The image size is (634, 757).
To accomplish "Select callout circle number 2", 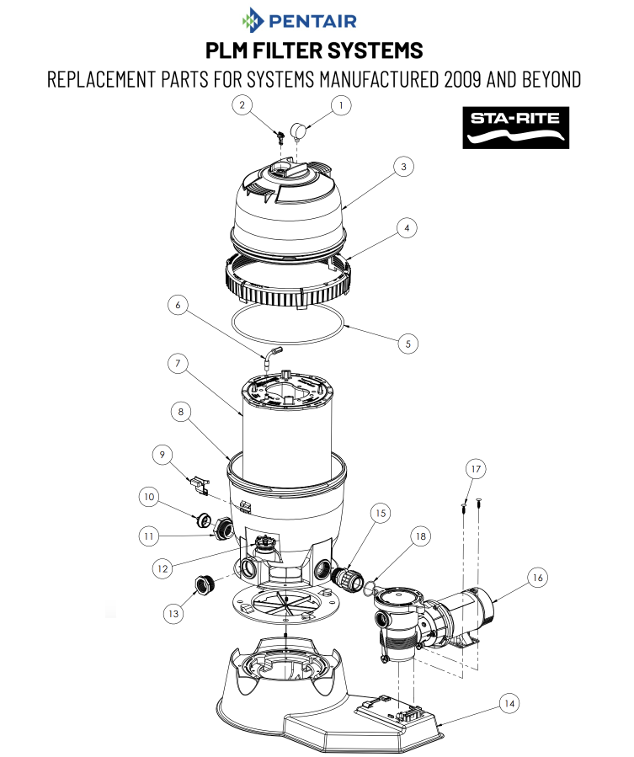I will (x=242, y=105).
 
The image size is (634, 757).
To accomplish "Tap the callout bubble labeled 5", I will (x=408, y=343).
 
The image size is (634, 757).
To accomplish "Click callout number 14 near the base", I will (x=509, y=701).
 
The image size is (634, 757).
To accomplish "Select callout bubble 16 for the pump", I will (x=538, y=577).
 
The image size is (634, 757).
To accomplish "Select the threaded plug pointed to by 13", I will (x=203, y=583).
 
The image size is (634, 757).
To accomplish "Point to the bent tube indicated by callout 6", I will (x=271, y=355).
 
